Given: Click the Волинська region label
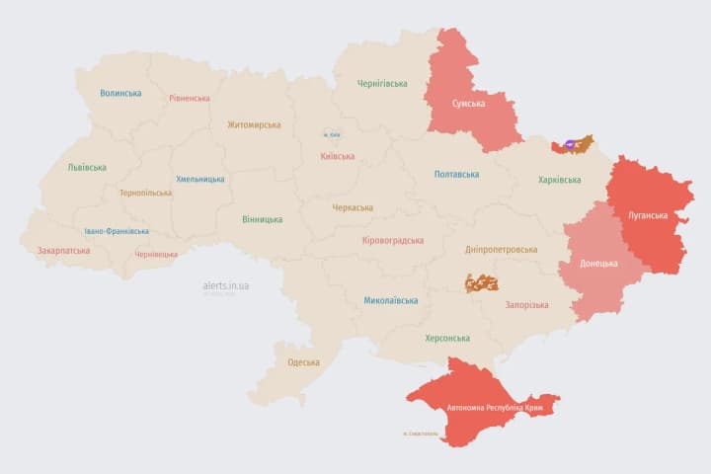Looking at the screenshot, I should (120, 94).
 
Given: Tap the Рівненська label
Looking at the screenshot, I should (189, 99).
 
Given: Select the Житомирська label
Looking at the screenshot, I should (254, 125).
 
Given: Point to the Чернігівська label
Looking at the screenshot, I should (382, 84).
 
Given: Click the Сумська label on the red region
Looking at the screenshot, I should (467, 103).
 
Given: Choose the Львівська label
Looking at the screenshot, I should (87, 168).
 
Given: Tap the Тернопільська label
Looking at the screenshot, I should (145, 193).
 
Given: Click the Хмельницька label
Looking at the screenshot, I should (199, 180).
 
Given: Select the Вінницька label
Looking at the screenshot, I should (262, 219).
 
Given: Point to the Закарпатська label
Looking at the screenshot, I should (63, 251).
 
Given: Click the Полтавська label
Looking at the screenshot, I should (456, 175).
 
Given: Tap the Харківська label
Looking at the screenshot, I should (560, 180).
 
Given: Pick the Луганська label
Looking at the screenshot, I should (648, 215).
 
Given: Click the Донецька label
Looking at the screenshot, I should (598, 264).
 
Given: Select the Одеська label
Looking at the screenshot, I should (303, 362).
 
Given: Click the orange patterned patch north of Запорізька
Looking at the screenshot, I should (482, 282).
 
